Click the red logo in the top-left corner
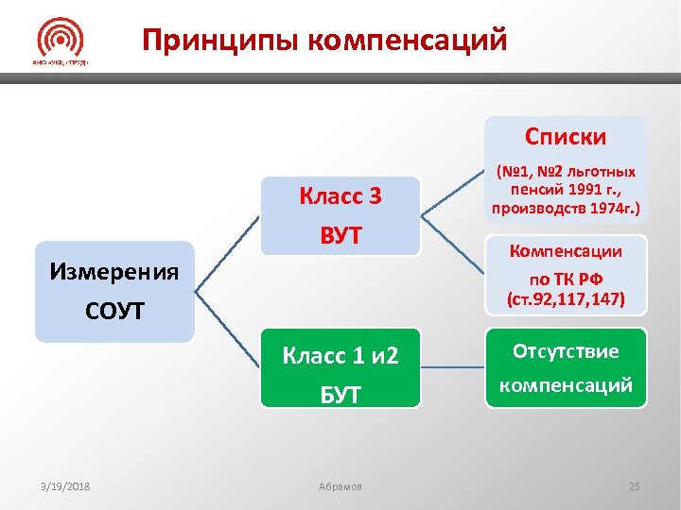click(x=61, y=42)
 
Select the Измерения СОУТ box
click(x=113, y=291)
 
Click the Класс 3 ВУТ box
click(x=340, y=215)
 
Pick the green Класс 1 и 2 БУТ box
click(x=340, y=368)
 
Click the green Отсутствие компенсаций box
click(x=566, y=368)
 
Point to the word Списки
click(x=567, y=138)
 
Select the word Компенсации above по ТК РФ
click(x=566, y=251)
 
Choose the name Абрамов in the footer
click(x=340, y=486)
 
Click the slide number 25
click(x=634, y=486)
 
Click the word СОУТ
click(x=113, y=310)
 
